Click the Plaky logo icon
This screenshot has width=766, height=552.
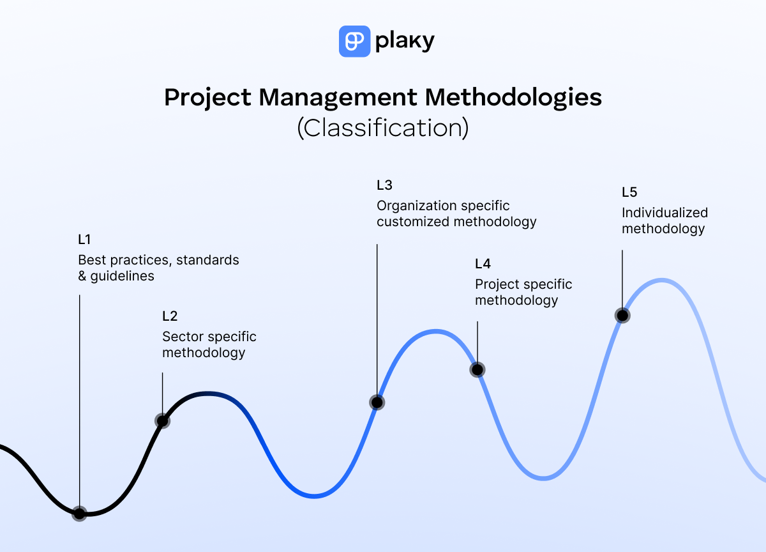[x=354, y=42]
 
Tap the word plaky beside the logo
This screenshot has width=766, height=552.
[x=405, y=42]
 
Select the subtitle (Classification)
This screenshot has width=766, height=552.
[x=383, y=128]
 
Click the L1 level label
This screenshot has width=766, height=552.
[x=84, y=240]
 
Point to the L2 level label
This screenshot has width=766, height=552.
[x=170, y=316]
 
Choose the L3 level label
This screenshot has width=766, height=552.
[x=384, y=185]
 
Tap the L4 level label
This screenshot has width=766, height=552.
[x=483, y=264]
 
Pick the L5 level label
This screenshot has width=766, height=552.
[x=629, y=192]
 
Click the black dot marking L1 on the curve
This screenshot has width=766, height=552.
[x=79, y=513]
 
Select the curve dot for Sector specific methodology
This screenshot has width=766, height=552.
[x=163, y=420]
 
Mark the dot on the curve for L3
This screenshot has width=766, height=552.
[x=377, y=402]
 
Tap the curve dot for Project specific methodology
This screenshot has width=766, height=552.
[x=477, y=369]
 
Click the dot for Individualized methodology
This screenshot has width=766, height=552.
[x=622, y=315]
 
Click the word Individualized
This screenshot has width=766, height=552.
[x=665, y=213]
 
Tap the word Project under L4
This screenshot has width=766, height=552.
[x=499, y=284]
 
